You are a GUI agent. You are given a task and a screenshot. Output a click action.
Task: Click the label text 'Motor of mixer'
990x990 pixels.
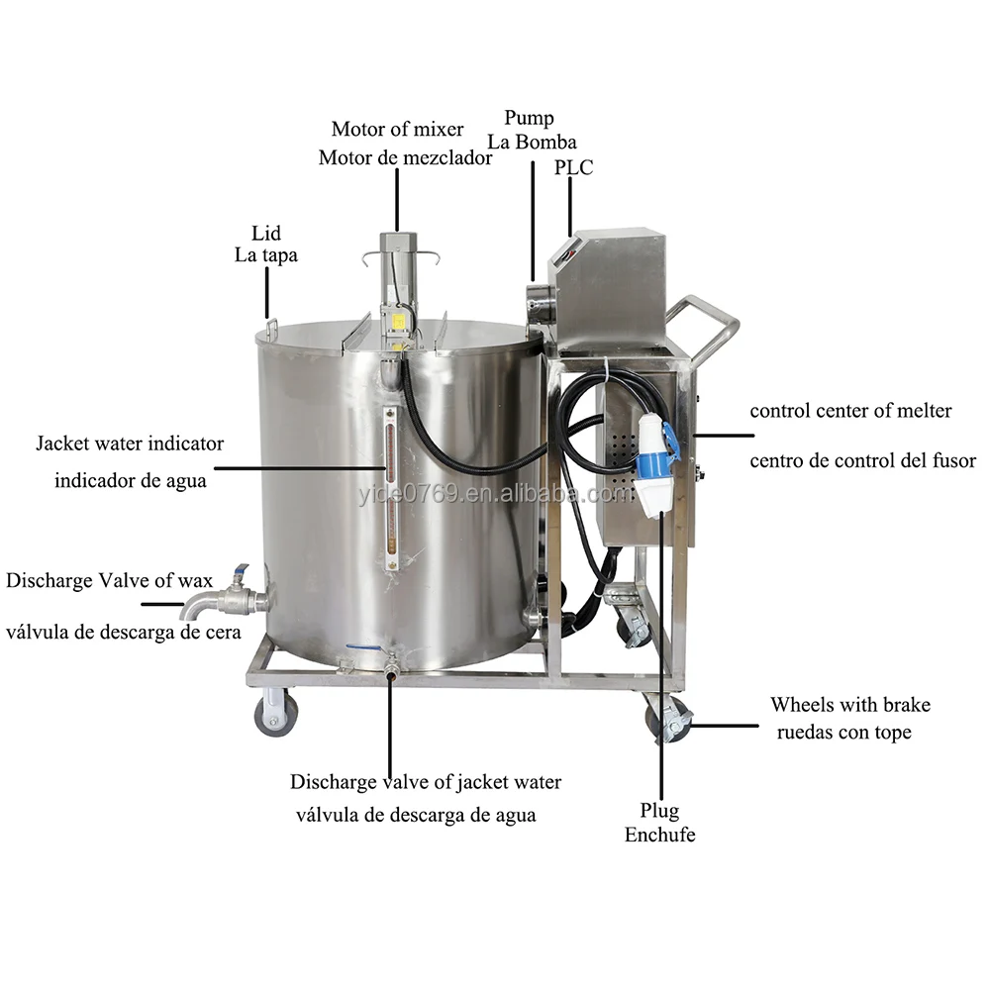point(396,129)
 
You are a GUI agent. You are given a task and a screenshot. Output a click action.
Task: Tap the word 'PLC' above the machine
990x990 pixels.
point(574,167)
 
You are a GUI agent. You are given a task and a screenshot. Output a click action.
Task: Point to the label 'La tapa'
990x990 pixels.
point(266,255)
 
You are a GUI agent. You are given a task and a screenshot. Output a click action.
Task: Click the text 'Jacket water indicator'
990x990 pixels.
point(130,444)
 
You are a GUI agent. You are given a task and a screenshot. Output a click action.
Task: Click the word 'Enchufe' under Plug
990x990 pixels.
point(659,835)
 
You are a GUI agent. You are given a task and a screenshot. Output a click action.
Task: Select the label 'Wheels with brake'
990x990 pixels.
point(850,705)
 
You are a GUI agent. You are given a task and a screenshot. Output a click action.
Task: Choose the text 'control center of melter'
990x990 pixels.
point(850,410)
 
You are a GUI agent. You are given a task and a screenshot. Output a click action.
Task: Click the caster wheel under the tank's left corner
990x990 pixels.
point(275,714)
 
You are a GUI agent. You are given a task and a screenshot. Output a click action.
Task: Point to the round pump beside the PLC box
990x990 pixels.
point(541,297)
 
